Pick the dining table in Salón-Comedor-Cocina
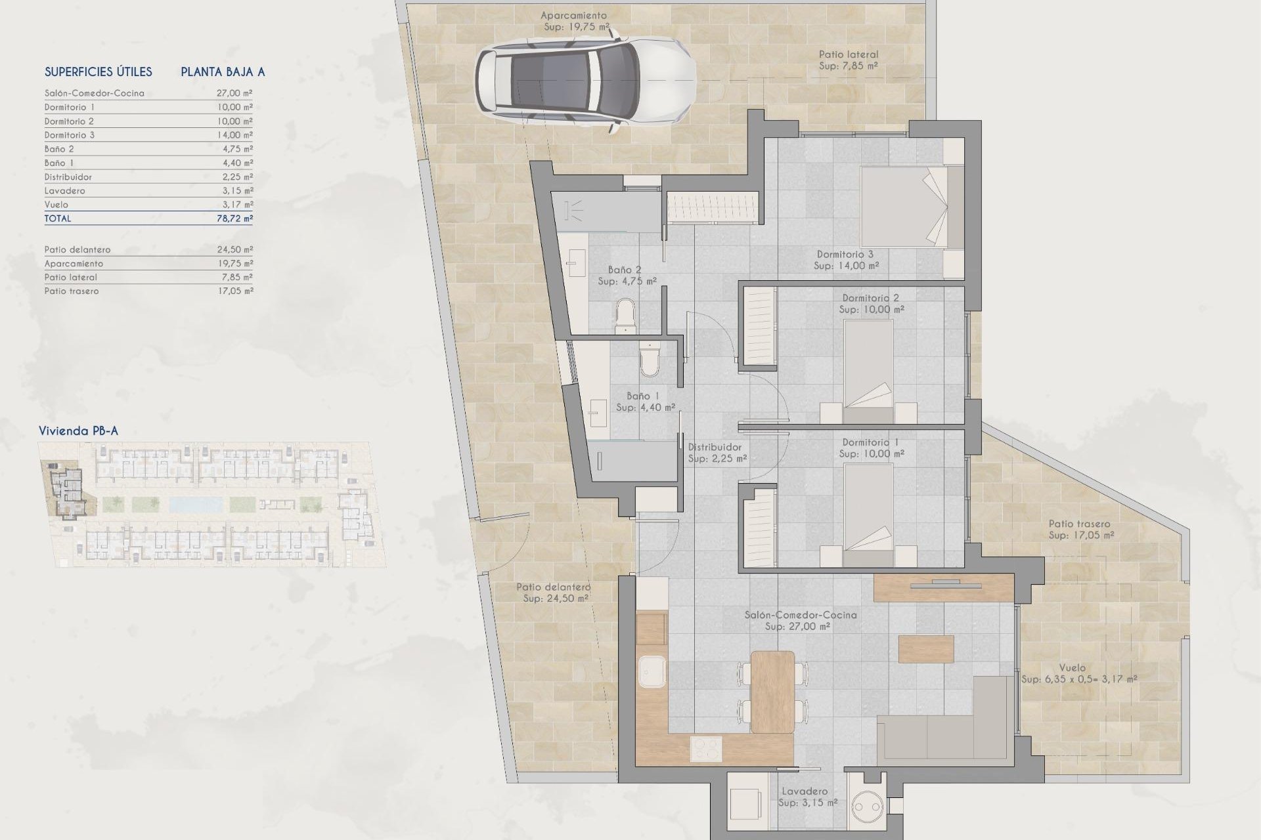772,691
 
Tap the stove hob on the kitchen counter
706,749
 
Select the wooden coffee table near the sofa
926,648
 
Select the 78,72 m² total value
234,219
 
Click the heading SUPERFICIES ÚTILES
99,72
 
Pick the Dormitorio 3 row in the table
148,135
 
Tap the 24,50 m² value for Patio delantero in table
234,250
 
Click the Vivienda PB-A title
78,431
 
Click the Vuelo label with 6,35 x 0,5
1078,674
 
